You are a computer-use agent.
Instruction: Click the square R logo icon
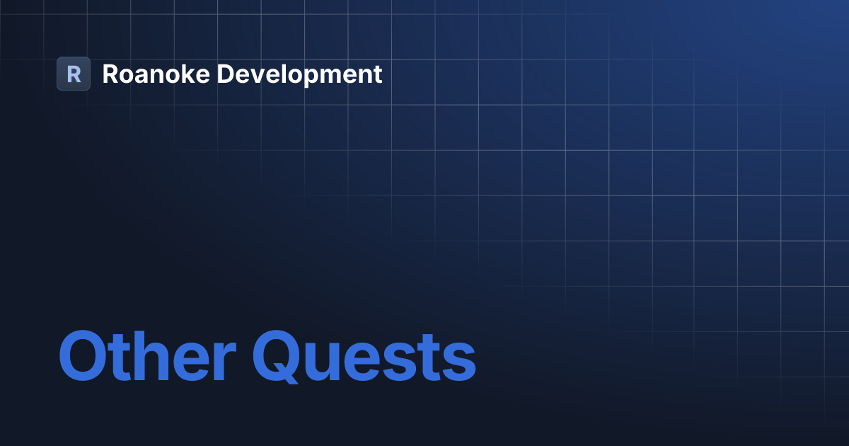point(74,74)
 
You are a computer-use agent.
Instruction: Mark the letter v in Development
point(251,76)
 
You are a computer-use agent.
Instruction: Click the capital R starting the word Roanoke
point(110,74)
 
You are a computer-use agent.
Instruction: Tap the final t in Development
point(378,74)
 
